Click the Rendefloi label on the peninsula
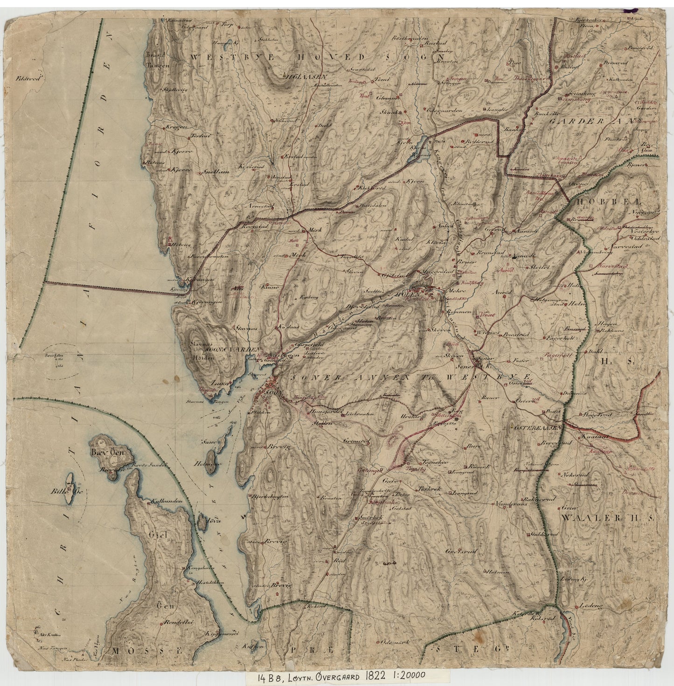point(175,623)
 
